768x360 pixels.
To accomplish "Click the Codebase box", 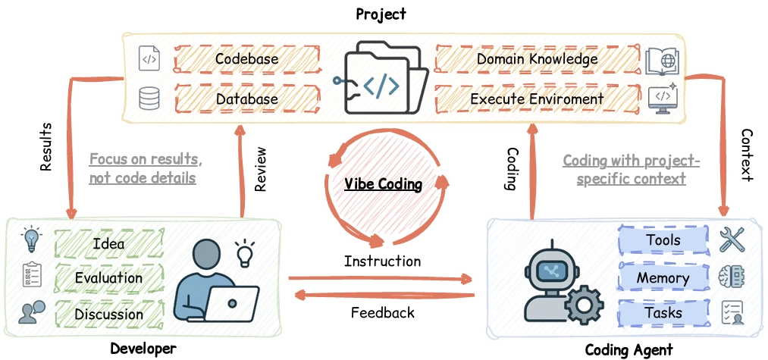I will click(246, 59).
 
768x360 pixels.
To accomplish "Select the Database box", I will click(246, 99).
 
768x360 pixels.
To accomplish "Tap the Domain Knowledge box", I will click(537, 59).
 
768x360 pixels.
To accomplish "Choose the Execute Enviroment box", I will click(537, 99).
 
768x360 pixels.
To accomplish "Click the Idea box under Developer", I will click(108, 244).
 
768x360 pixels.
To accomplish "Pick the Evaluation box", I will click(108, 278).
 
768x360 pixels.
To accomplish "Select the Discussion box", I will click(108, 313).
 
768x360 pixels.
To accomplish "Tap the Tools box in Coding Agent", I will click(663, 241).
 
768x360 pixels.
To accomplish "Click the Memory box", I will click(663, 278).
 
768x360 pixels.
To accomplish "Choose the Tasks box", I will click(663, 313).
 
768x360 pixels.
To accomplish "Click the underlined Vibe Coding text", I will click(383, 184).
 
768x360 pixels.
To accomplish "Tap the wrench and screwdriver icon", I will click(732, 240).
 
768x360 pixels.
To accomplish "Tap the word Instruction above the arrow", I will click(382, 261).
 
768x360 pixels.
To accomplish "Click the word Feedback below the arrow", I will click(382, 312).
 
